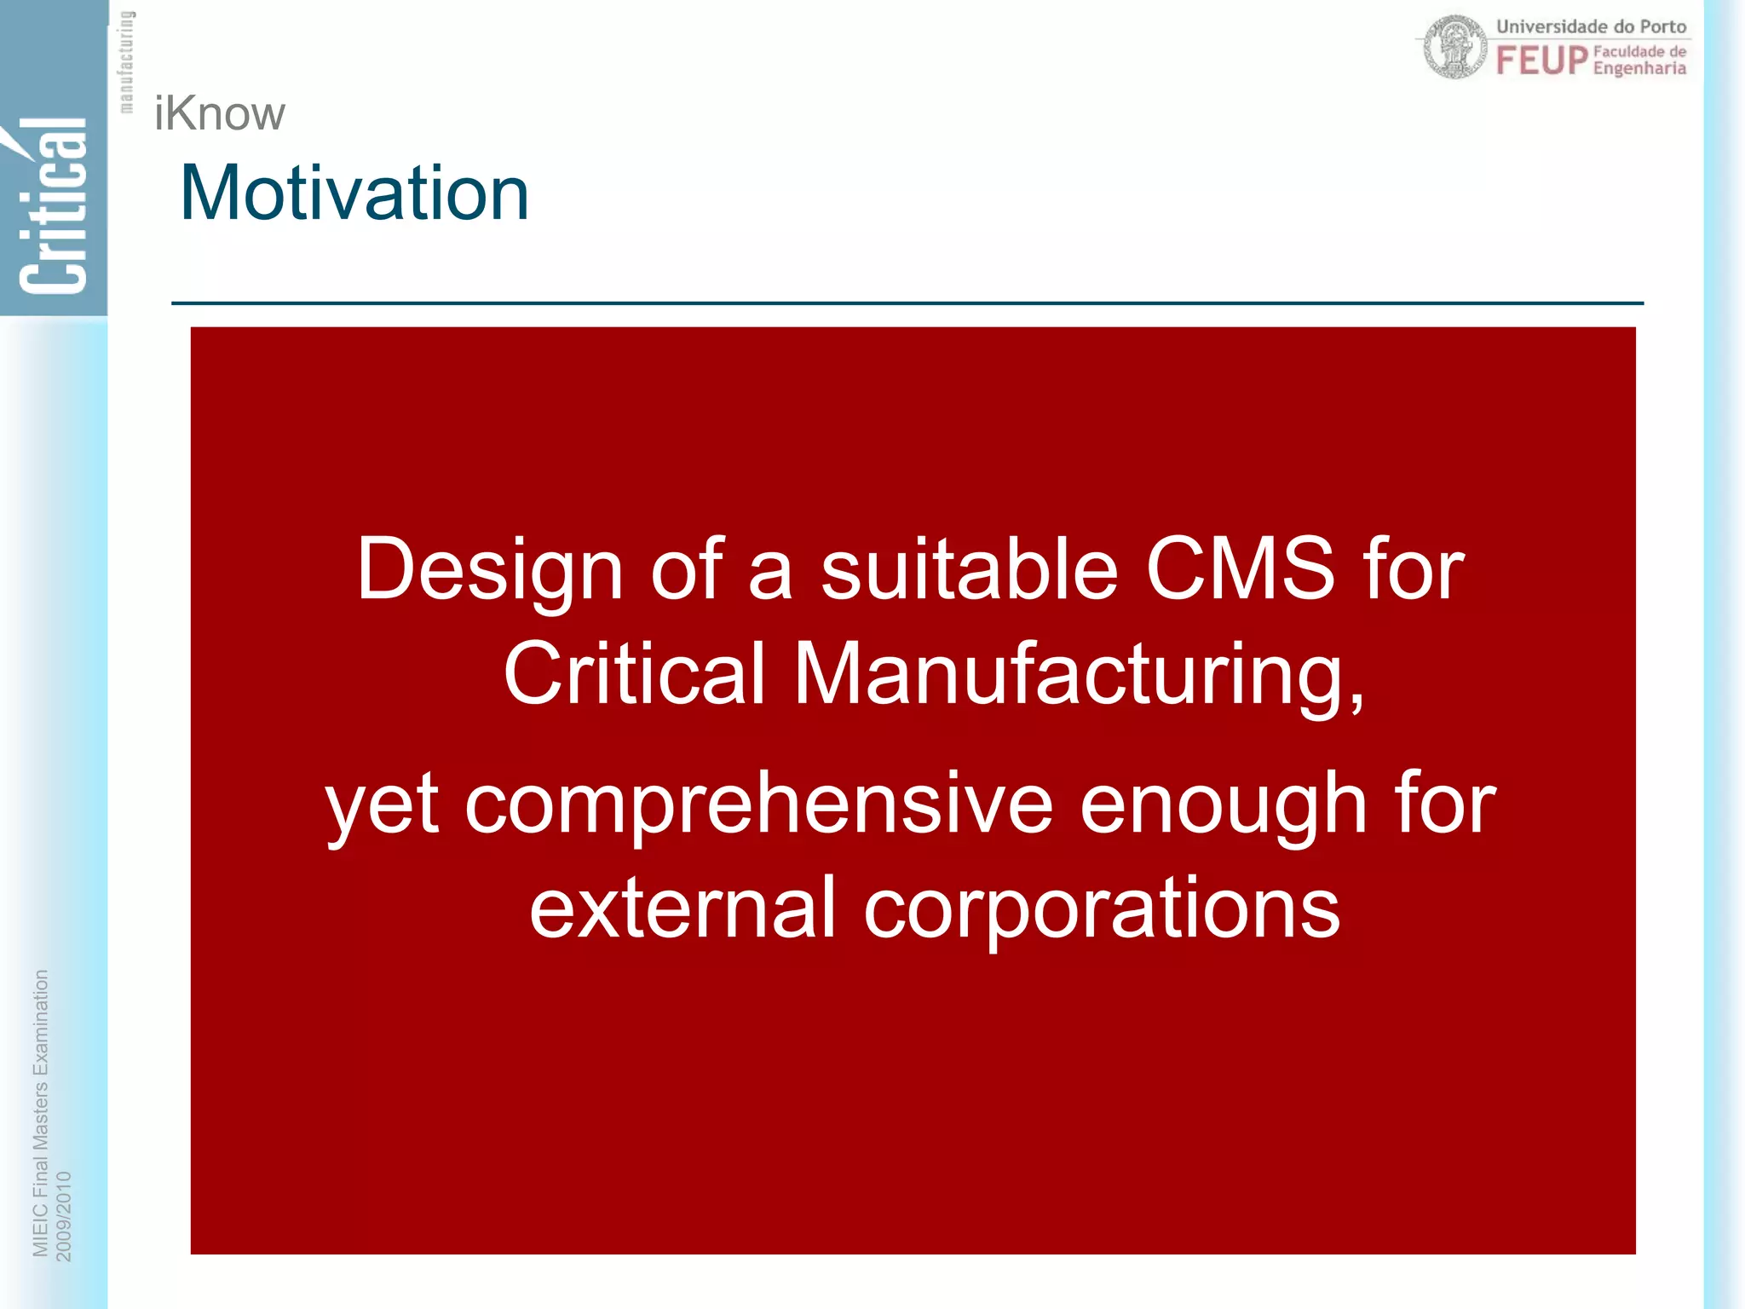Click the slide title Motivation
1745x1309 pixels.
click(x=354, y=193)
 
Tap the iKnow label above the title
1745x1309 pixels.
click(x=219, y=113)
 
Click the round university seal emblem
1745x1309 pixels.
click(x=1454, y=48)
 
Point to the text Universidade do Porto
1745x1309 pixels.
click(x=1591, y=26)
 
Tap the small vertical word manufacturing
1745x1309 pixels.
click(x=126, y=61)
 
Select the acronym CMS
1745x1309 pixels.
click(x=1240, y=568)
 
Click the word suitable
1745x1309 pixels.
click(x=969, y=568)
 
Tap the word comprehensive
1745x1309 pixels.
click(x=758, y=804)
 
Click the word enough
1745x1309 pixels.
click(x=1224, y=804)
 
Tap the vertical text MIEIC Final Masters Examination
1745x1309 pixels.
click(x=40, y=1113)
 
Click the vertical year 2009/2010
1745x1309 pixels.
click(x=64, y=1216)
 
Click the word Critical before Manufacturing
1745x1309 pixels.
click(x=634, y=673)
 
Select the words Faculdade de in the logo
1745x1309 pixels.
click(x=1639, y=51)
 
